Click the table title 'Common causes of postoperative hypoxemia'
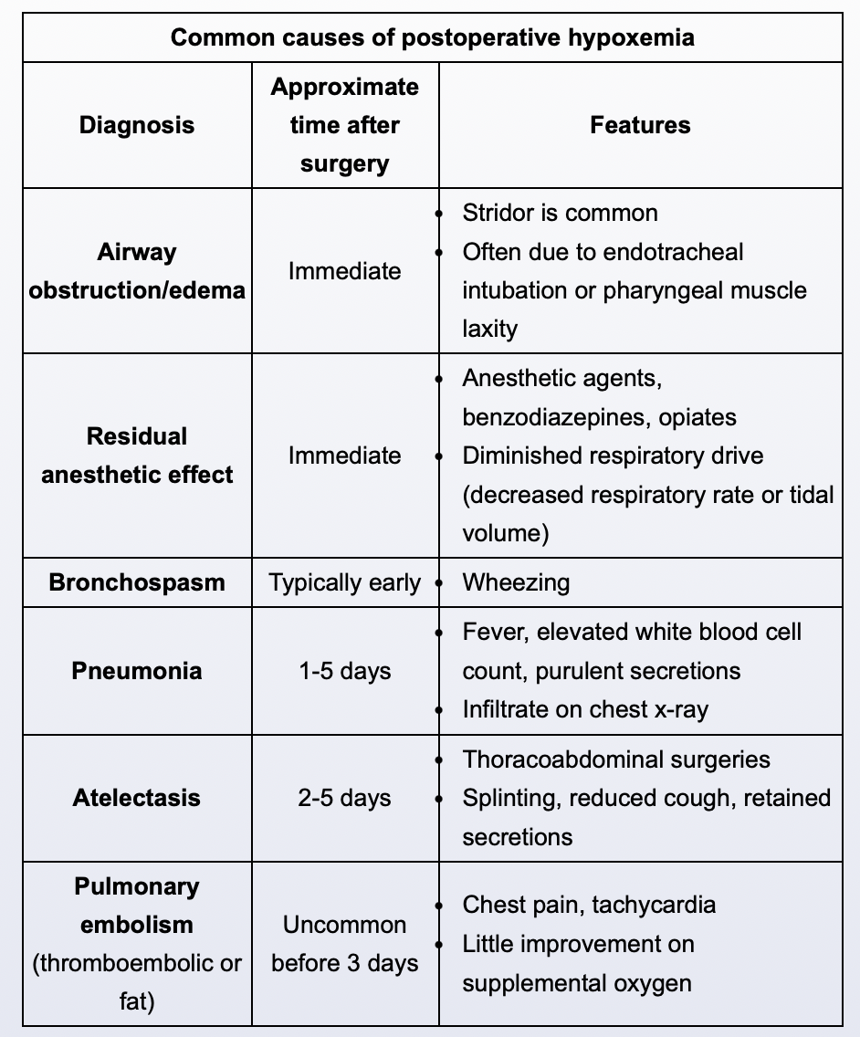[x=433, y=37]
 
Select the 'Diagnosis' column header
[x=137, y=125]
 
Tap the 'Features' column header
[x=640, y=125]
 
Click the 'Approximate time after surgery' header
[x=345, y=125]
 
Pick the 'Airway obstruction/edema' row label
[x=137, y=271]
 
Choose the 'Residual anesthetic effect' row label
[x=137, y=456]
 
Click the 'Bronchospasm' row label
[x=137, y=582]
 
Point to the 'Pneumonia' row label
[x=137, y=671]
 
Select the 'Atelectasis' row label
[x=137, y=798]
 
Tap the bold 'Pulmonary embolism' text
[x=138, y=906]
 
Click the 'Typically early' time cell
[x=345, y=582]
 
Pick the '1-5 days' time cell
[x=345, y=671]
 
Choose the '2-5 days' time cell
[x=345, y=798]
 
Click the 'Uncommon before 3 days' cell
[x=345, y=944]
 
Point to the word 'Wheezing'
[x=516, y=582]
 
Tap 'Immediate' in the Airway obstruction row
[x=345, y=271]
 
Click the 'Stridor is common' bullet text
[x=560, y=214]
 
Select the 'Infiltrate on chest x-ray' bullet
[x=585, y=709]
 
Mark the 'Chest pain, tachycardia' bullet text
[x=589, y=905]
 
